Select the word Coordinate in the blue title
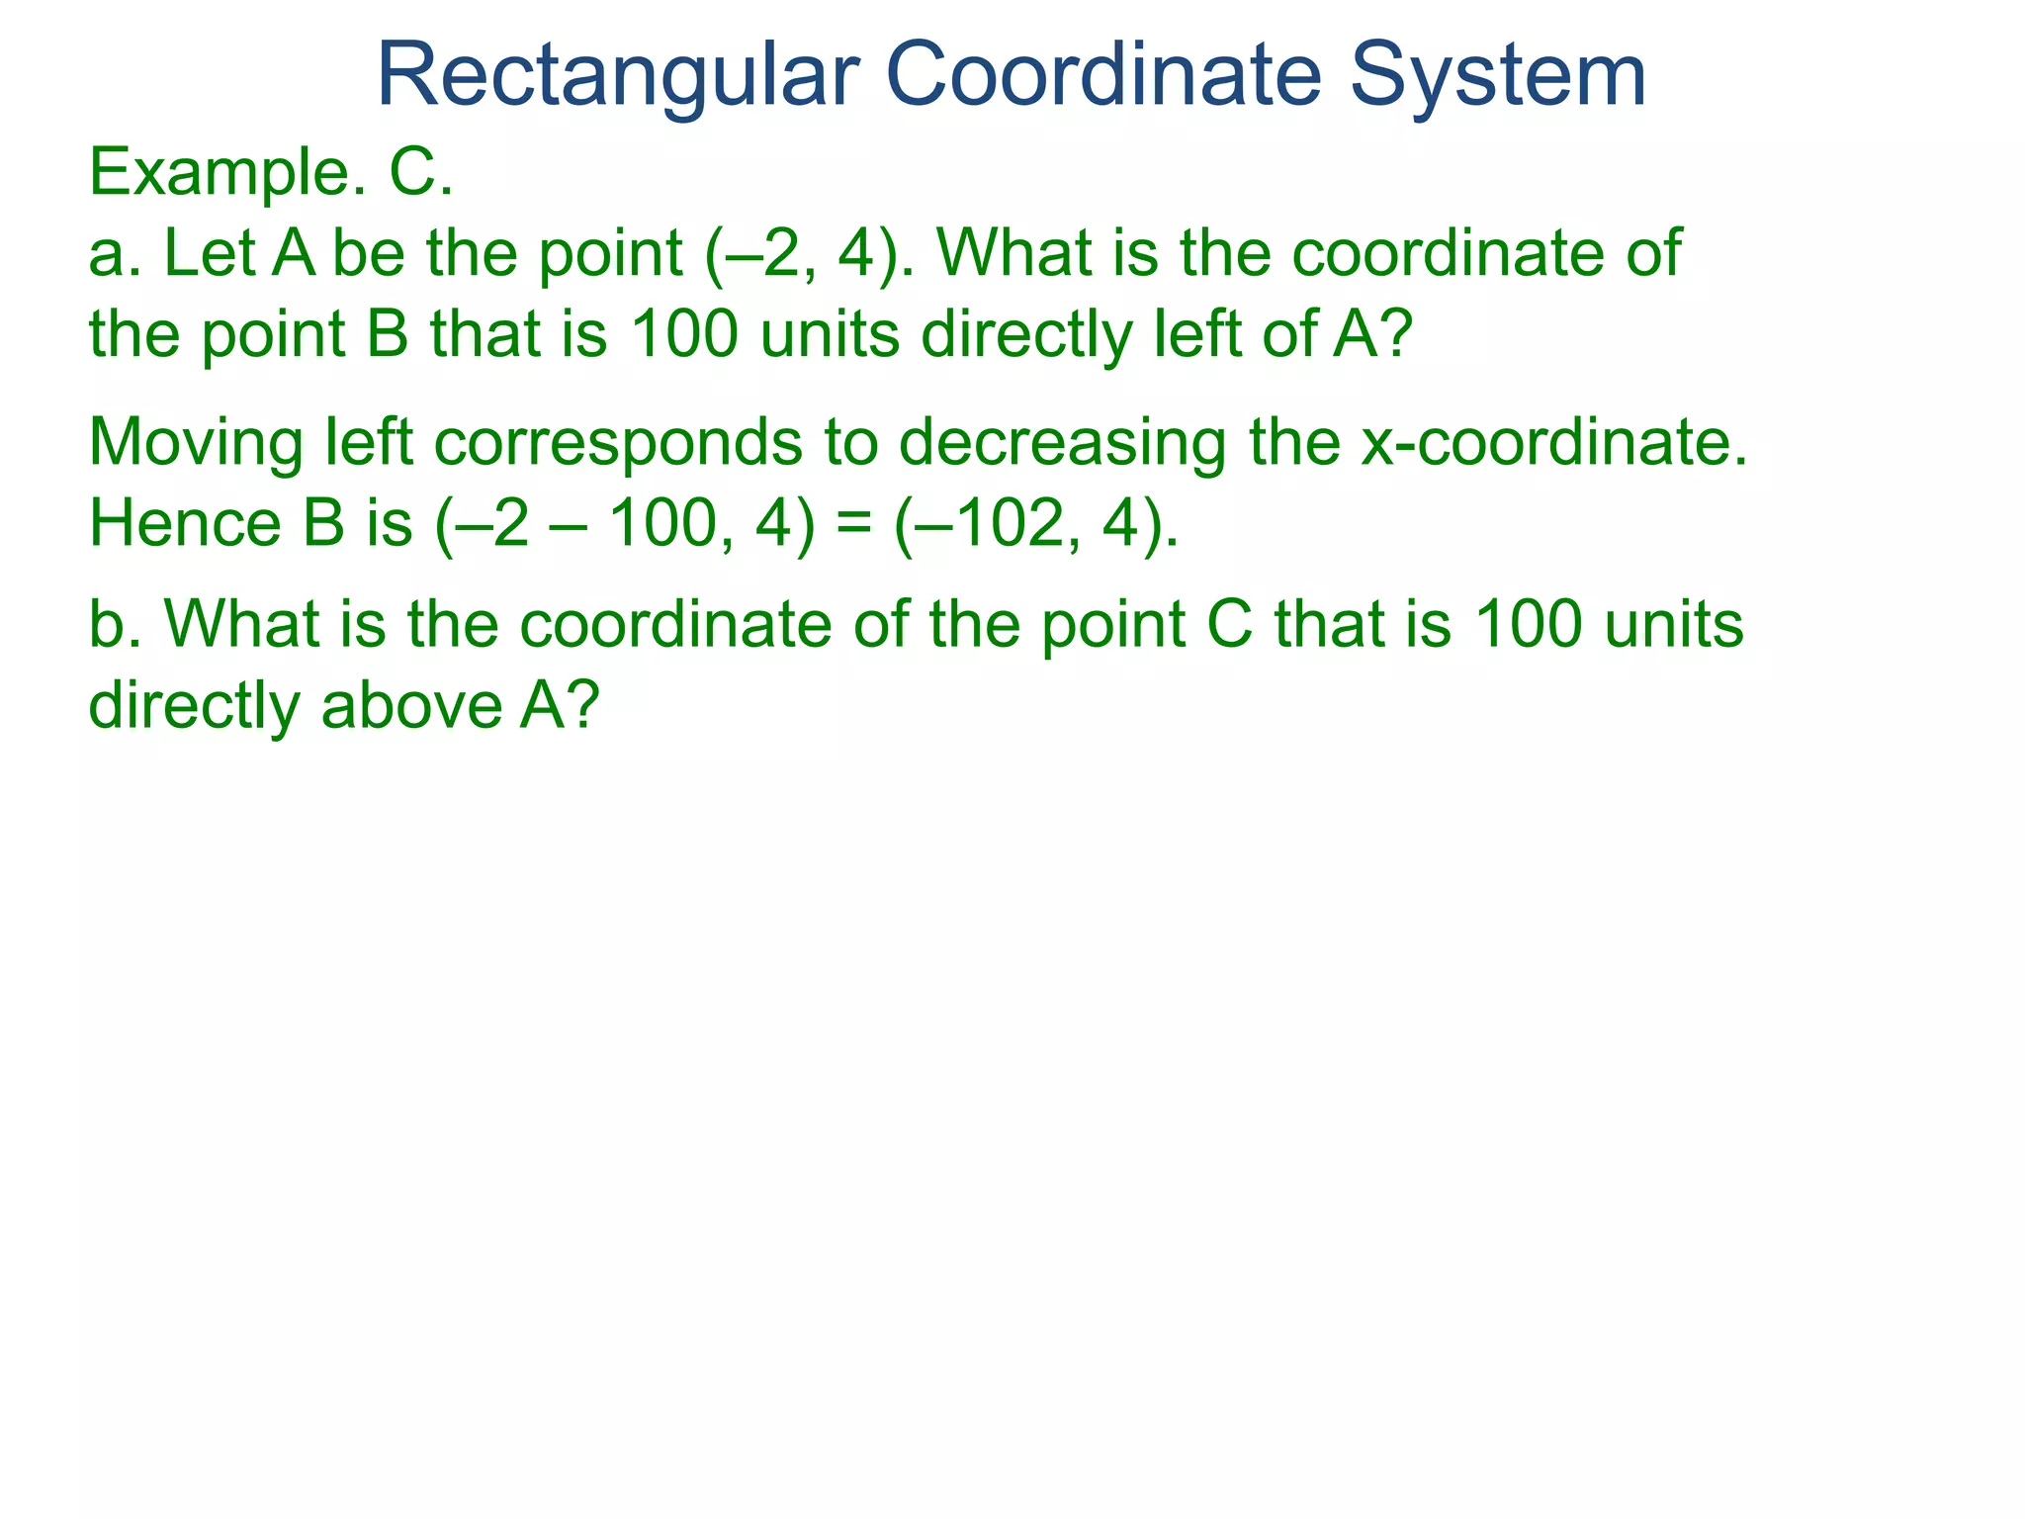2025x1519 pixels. (x=1102, y=75)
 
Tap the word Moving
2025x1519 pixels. (x=196, y=444)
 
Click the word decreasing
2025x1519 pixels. (x=1063, y=444)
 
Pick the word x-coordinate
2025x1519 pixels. (x=1553, y=442)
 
